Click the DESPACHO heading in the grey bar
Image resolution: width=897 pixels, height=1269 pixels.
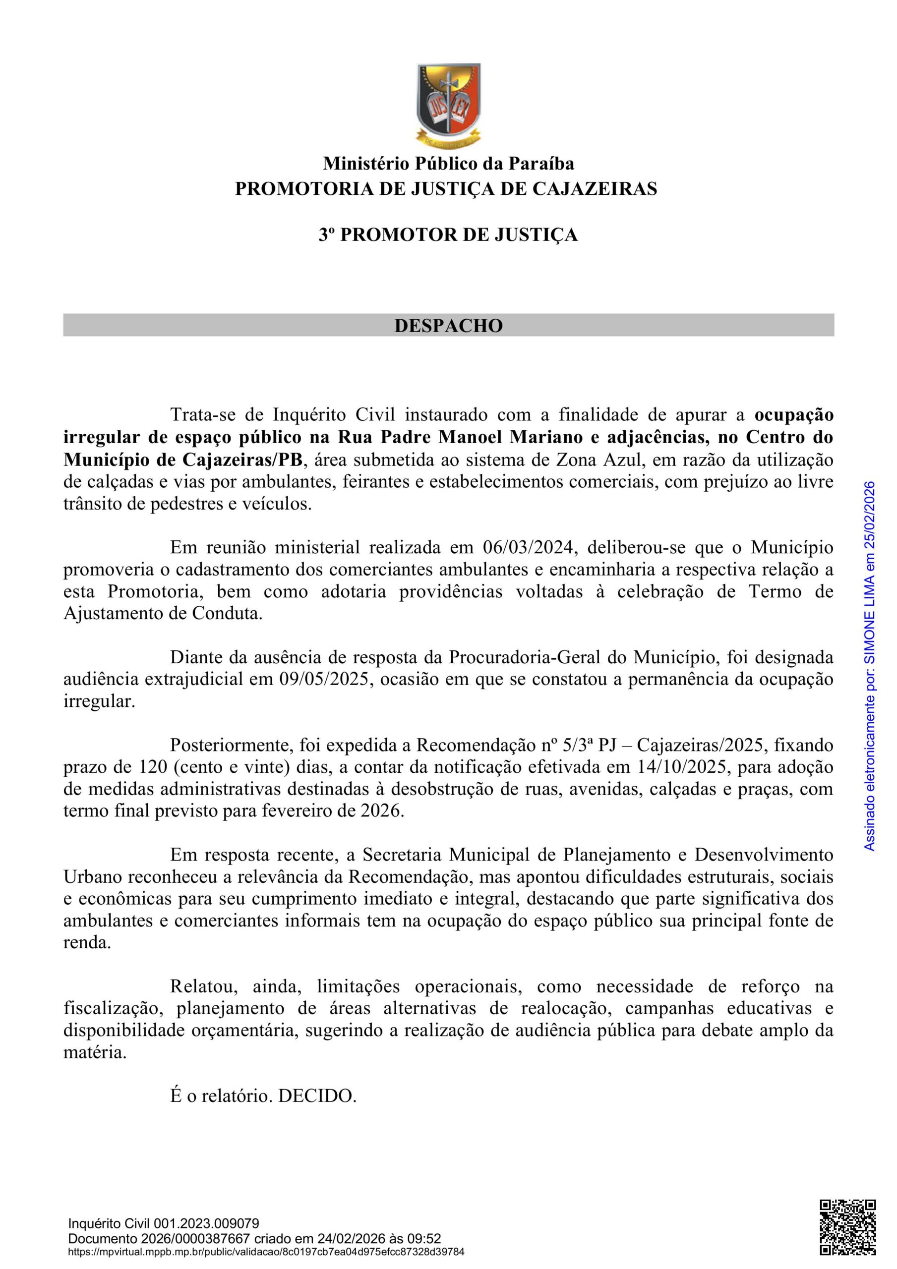448,326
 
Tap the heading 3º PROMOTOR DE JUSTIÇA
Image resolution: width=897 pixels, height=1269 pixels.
448,235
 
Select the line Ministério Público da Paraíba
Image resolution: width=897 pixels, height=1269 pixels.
448,164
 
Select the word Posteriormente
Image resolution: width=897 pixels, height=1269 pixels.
230,746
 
